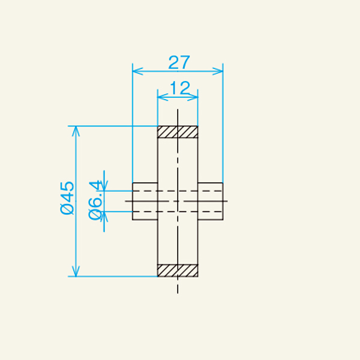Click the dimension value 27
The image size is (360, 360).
[178, 62]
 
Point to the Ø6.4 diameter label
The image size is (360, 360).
[95, 200]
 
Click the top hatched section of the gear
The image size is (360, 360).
[178, 131]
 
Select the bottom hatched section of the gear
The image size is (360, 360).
[178, 271]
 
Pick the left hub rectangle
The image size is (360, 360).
[145, 201]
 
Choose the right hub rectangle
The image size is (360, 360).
[211, 201]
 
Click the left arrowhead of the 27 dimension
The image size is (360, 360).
[136, 71]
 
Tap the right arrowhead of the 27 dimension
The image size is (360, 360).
[219, 71]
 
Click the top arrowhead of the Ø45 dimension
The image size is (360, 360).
[75, 130]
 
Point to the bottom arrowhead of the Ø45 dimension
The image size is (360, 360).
[75, 272]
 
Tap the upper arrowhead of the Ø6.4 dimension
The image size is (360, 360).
[105, 187]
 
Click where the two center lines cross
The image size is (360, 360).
[178, 201]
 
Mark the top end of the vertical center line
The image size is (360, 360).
[178, 111]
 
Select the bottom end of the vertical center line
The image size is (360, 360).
[178, 292]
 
